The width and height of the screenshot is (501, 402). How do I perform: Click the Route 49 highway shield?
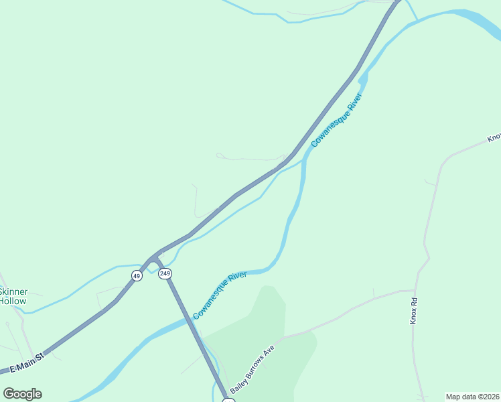tap(137, 275)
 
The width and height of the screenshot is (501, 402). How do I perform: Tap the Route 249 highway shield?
tap(165, 273)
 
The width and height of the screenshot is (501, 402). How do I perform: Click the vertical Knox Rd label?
tap(414, 311)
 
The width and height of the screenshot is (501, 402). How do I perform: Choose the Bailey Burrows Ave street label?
tap(253, 371)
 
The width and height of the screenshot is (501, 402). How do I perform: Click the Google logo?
tap(23, 394)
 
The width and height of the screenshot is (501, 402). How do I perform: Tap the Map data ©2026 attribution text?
tap(473, 397)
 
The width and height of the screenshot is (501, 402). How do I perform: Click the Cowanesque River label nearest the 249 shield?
tap(220, 295)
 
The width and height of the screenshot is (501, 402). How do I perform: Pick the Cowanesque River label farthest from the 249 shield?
tap(337, 120)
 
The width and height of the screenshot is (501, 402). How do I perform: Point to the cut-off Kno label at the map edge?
tap(494, 137)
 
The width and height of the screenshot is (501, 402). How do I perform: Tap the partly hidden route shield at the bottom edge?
tap(228, 400)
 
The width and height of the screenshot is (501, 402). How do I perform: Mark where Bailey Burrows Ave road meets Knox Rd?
tap(414, 291)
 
